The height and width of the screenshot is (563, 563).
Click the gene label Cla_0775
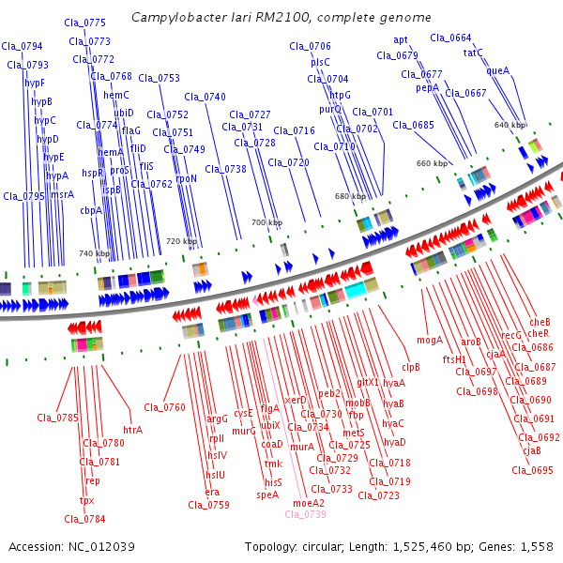84,23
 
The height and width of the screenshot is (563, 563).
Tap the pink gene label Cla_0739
305,514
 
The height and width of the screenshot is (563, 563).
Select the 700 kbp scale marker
266,222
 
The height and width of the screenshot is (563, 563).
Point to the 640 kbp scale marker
510,125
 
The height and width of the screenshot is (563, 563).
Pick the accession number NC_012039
101,547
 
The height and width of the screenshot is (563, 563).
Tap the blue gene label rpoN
187,178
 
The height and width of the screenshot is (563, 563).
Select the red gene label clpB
411,367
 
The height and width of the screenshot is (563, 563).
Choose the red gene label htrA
133,430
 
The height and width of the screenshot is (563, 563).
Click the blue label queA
498,70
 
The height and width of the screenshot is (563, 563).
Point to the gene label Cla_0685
413,125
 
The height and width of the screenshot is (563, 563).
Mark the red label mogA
430,340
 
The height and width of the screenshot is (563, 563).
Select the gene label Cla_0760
164,407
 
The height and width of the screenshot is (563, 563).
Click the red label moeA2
309,503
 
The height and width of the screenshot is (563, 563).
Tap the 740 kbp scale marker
94,253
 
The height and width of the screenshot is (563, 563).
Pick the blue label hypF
35,83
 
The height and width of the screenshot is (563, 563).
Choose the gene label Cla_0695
532,470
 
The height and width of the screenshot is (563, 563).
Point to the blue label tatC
473,53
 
